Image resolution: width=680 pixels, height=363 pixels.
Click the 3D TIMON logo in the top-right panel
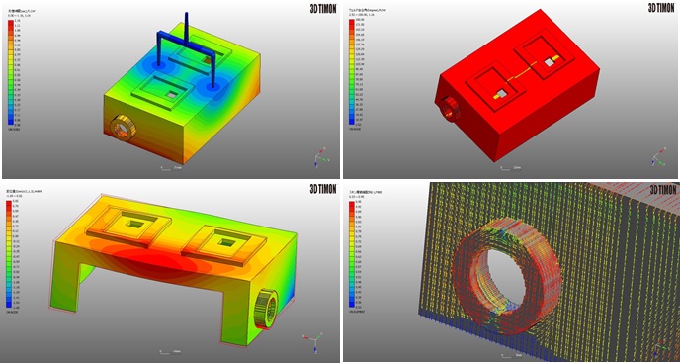tap(661, 7)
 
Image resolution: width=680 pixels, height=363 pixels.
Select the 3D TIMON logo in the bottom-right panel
tap(661, 189)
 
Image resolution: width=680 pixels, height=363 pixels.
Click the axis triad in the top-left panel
tap(320, 156)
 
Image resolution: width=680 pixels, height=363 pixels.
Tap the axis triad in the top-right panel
tap(658, 156)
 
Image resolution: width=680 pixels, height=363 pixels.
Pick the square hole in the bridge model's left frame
tap(132, 225)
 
